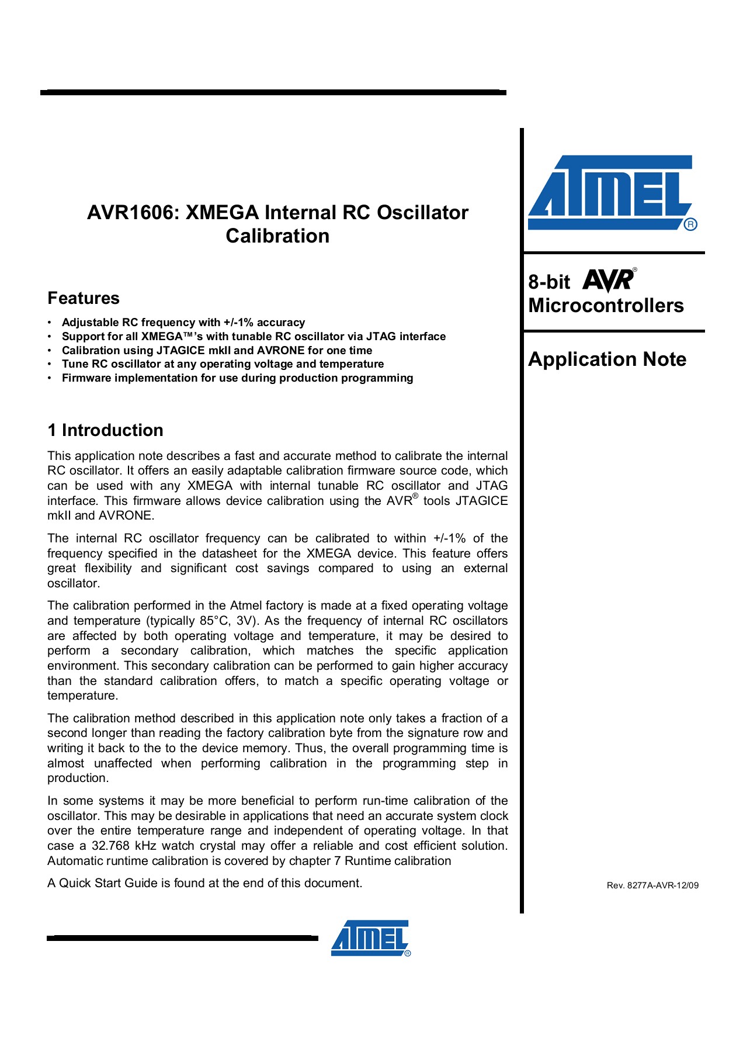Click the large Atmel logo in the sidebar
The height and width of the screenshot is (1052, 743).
(x=610, y=192)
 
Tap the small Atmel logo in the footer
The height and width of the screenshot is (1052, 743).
(x=370, y=938)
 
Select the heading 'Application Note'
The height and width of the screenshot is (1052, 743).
(x=607, y=359)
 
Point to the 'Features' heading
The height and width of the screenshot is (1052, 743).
(x=84, y=298)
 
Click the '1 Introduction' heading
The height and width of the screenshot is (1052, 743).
(x=105, y=430)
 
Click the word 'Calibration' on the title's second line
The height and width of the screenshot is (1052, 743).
(x=277, y=236)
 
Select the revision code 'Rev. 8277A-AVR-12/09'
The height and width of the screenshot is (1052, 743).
(x=652, y=885)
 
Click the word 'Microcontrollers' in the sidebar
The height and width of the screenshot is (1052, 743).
(x=606, y=305)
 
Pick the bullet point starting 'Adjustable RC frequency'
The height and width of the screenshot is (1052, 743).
(x=183, y=322)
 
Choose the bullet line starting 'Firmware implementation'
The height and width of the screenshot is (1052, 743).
(x=237, y=378)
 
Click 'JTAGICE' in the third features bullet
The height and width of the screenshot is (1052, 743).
(x=180, y=350)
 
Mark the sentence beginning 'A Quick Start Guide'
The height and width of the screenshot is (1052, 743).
(x=204, y=883)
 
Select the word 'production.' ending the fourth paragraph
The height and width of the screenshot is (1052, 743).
(x=78, y=778)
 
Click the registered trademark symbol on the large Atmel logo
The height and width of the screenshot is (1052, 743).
(x=690, y=224)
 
